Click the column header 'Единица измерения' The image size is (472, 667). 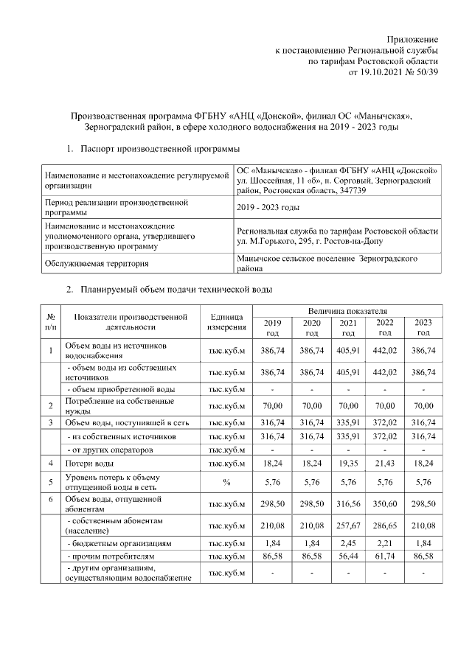[x=226, y=321]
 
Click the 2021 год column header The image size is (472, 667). [x=347, y=328]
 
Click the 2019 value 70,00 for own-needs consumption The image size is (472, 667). [x=273, y=405]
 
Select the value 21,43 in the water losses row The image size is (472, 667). [x=385, y=463]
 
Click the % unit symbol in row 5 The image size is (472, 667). [x=226, y=482]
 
